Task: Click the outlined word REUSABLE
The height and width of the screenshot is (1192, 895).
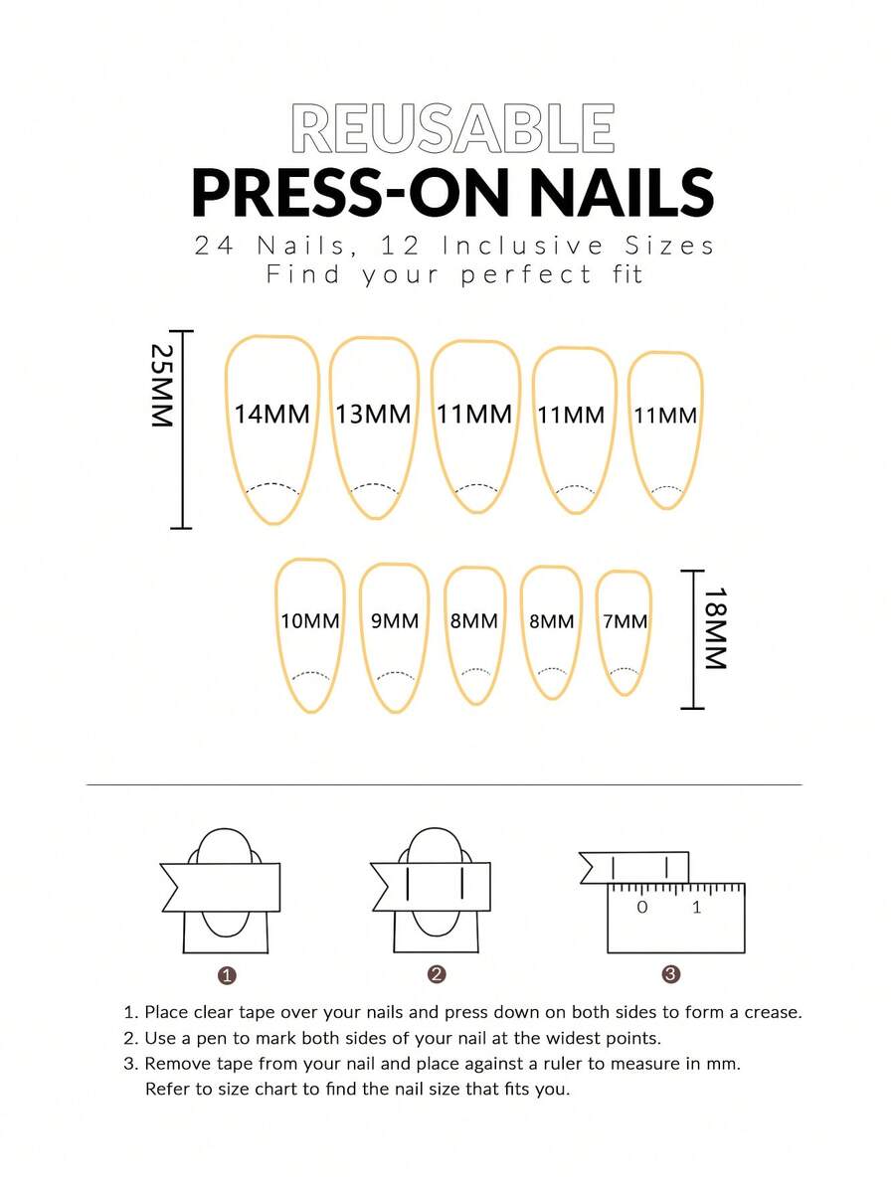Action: [452, 128]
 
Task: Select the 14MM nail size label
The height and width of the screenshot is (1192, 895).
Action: [271, 415]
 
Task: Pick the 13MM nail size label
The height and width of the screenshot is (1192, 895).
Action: [373, 415]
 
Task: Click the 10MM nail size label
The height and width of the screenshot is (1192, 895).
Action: [310, 621]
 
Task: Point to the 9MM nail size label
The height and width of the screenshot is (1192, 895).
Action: [395, 621]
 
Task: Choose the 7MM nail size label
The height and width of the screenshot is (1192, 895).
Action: [626, 621]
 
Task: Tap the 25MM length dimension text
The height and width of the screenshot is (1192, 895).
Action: [161, 386]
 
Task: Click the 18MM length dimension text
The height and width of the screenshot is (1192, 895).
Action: [715, 628]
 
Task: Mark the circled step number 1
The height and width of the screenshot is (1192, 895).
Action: [227, 975]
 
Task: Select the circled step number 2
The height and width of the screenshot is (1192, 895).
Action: [436, 974]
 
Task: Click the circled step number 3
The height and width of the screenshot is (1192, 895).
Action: [670, 974]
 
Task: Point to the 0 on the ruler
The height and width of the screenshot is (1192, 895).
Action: [642, 907]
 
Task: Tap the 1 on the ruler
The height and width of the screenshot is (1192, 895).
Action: [696, 907]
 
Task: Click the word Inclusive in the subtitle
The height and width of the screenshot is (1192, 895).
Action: [522, 246]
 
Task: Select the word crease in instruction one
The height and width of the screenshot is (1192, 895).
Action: [771, 1013]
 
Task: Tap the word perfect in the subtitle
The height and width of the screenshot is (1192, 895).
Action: [526, 274]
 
